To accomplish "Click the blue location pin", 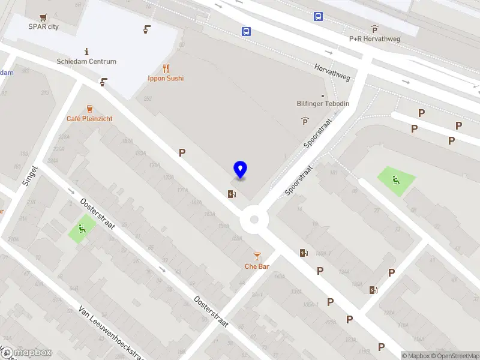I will [x=240, y=170].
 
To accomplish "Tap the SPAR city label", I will [x=44, y=26].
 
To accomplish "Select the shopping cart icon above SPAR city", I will [x=43, y=17].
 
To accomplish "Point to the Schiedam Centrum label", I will [x=86, y=61].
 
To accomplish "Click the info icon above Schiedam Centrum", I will [x=87, y=52].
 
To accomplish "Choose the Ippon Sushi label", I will [x=166, y=78].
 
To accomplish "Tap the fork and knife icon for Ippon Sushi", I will [x=166, y=68].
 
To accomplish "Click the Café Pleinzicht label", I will [x=89, y=119].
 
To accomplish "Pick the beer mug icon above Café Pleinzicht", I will [x=89, y=109].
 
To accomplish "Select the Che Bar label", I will [x=257, y=266].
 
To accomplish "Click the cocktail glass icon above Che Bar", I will [x=257, y=256].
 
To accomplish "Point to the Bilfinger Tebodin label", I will [x=323, y=104].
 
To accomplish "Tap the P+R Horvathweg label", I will [x=374, y=38].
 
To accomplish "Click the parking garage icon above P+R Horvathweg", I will [x=374, y=29].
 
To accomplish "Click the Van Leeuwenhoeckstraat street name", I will [x=111, y=334].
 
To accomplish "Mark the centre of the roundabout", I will [x=254, y=220].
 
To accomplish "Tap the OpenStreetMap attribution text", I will [x=454, y=356].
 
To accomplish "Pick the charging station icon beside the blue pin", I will [x=232, y=193].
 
